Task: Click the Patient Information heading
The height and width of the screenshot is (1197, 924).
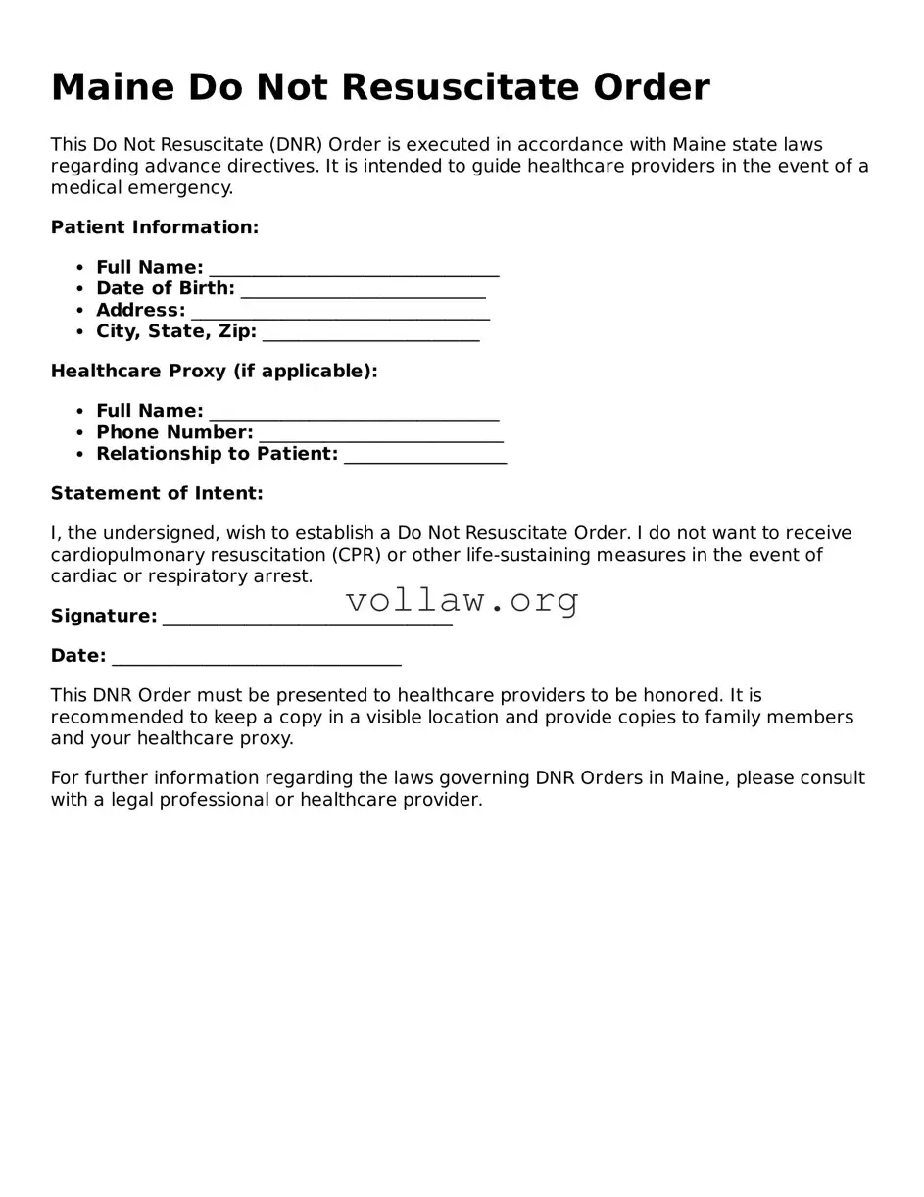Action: pyautogui.click(x=155, y=227)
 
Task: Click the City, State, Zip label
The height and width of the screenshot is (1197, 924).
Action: pyautogui.click(x=176, y=331)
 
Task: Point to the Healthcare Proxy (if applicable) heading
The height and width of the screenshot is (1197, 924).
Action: pyautogui.click(x=214, y=372)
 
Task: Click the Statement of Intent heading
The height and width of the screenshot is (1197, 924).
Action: pyautogui.click(x=157, y=493)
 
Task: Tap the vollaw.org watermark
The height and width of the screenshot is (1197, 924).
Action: pyautogui.click(x=462, y=600)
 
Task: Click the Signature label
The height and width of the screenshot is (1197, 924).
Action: pyautogui.click(x=104, y=616)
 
